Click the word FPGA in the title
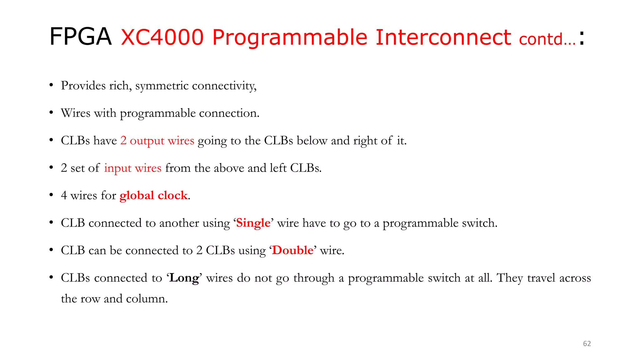pos(80,37)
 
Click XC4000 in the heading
pos(162,37)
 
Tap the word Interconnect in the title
pos(443,37)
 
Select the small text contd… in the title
pos(547,39)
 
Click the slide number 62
pos(587,343)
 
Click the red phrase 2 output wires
pos(157,141)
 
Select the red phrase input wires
pos(132,168)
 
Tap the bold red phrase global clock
pos(153,196)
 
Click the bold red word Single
pos(253,223)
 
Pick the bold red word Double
pos(292,251)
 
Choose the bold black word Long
pos(184,278)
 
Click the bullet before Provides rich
pos(51,85)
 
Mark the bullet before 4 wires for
pos(51,195)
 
